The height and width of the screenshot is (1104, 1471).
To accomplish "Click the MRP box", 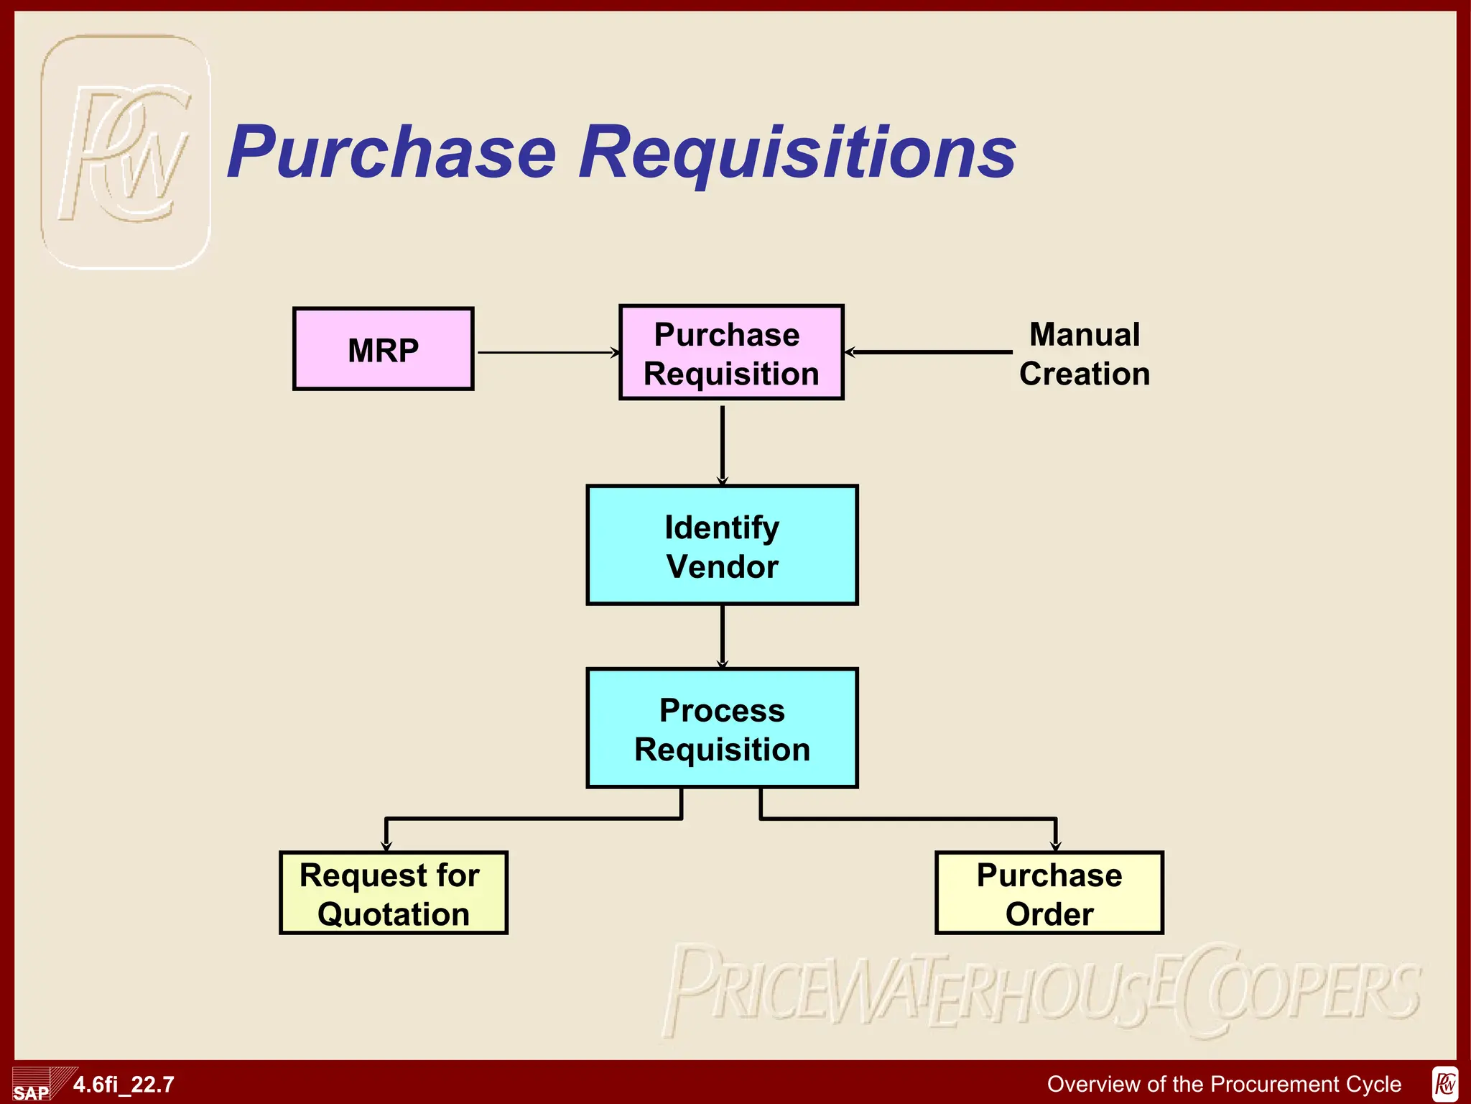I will [383, 349].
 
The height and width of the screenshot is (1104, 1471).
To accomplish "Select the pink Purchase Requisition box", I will [730, 353].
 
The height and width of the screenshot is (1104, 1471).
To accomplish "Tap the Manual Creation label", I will [1084, 354].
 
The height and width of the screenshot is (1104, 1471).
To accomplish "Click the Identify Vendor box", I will [722, 546].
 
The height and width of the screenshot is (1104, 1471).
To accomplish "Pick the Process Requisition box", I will [722, 729].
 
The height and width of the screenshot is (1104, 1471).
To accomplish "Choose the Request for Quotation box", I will [393, 893].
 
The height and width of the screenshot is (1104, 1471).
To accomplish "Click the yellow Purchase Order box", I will [1049, 893].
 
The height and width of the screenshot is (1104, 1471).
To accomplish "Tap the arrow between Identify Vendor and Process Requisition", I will [723, 636].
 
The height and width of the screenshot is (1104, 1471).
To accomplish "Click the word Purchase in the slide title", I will [392, 152].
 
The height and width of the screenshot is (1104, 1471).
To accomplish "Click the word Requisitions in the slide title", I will [797, 152].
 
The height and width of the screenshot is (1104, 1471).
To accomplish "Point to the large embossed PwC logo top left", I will [126, 152].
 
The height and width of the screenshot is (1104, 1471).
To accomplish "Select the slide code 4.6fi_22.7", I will [124, 1085].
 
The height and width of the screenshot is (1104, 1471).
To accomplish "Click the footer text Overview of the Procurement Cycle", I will [1224, 1084].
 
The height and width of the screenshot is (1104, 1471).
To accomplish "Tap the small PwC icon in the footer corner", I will [1444, 1084].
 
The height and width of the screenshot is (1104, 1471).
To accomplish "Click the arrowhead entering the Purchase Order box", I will [1055, 845].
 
